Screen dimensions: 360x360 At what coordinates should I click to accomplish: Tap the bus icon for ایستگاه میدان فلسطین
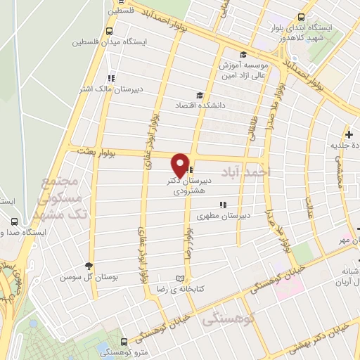110,31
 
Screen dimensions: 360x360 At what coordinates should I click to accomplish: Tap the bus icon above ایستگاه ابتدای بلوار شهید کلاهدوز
302,17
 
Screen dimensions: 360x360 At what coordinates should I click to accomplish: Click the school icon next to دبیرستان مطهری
223,205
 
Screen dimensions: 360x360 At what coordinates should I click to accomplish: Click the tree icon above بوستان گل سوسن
89,265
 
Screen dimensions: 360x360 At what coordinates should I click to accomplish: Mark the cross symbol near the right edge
349,134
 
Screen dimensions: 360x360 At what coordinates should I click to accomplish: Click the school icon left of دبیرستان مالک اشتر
110,78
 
